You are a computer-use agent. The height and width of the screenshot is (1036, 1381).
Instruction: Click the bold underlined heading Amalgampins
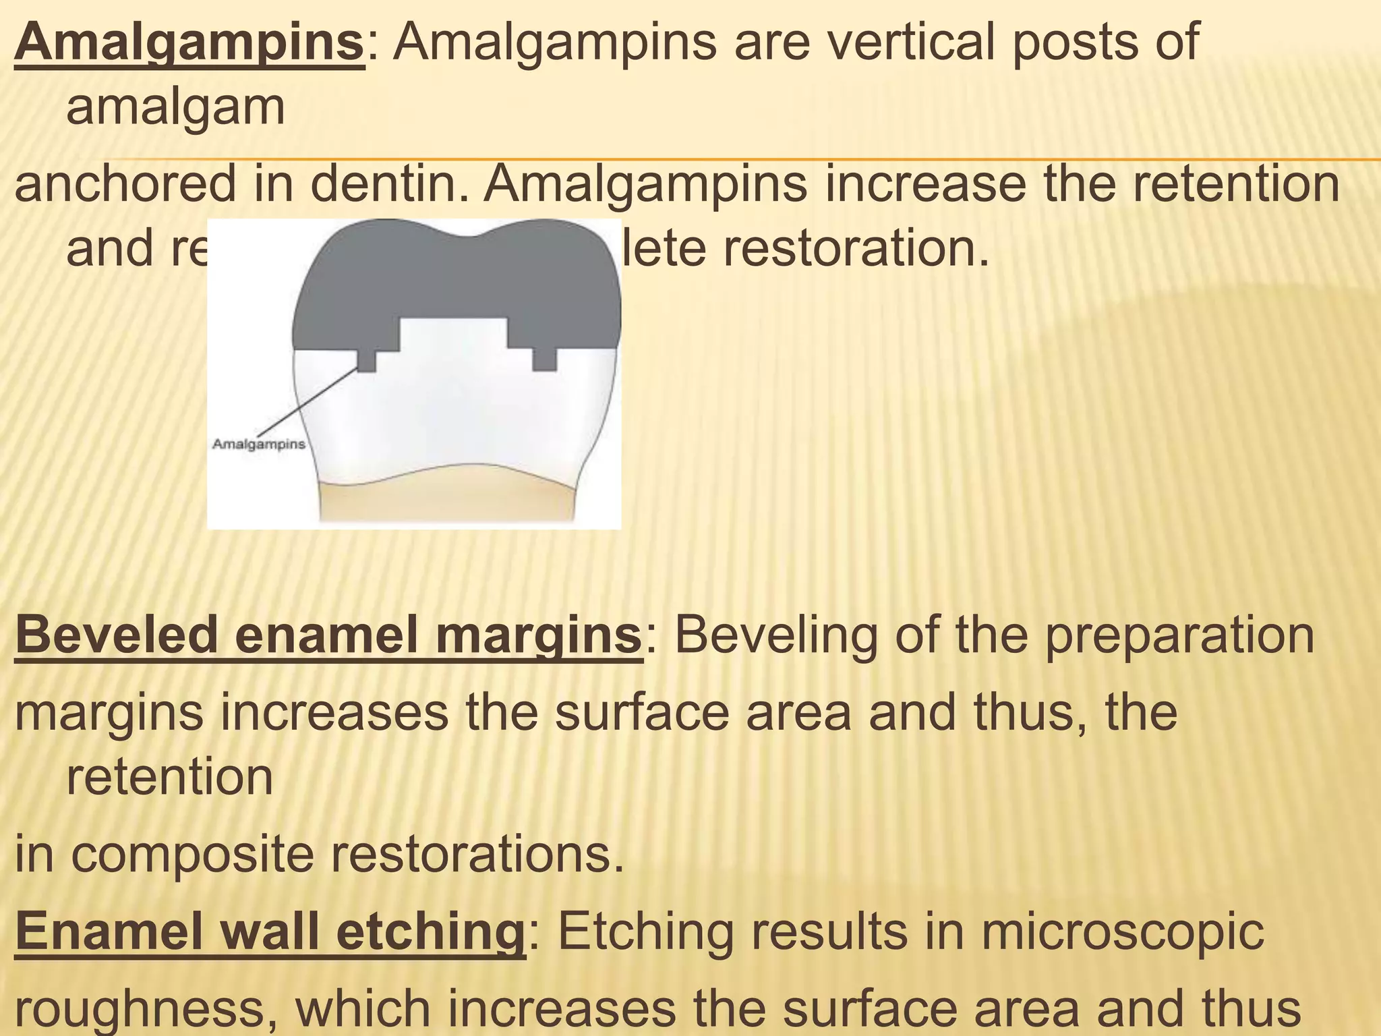189,42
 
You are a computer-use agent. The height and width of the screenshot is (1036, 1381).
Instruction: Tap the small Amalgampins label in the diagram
259,444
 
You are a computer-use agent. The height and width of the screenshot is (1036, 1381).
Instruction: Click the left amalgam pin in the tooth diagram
366,360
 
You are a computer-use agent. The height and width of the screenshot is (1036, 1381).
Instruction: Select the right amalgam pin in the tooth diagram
544,360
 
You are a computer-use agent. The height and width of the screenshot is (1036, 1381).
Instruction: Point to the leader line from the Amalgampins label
307,401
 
